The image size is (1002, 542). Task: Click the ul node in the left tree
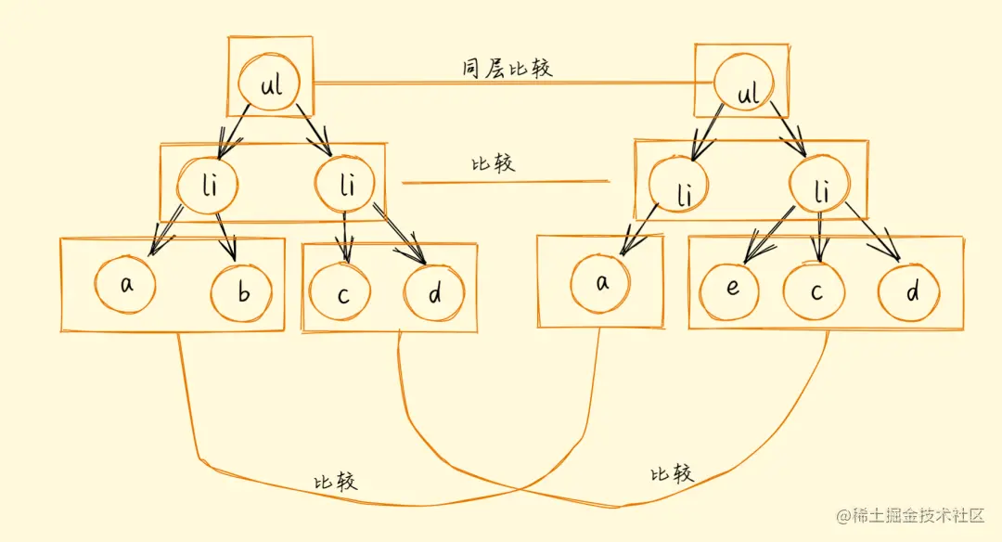[x=269, y=87]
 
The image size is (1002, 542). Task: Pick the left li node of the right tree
[x=683, y=194]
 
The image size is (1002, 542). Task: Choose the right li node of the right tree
[x=819, y=192]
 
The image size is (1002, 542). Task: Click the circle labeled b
[x=241, y=294]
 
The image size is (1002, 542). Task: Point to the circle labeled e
[x=731, y=289]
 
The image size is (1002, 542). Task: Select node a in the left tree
[x=126, y=284]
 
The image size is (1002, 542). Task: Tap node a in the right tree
[x=601, y=284]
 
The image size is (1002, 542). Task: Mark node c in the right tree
[x=815, y=291]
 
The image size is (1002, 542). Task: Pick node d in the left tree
[x=434, y=293]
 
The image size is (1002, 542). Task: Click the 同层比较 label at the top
[x=507, y=69]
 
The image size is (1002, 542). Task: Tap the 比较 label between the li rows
[x=493, y=163]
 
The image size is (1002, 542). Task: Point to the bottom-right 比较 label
[x=671, y=474]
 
